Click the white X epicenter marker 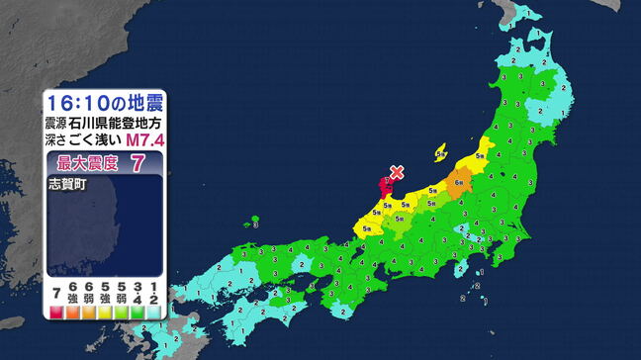397,172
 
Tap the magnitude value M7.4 146,140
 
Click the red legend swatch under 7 58,311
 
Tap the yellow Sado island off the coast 442,154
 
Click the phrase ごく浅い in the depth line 100,140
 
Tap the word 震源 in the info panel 57,125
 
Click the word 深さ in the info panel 57,140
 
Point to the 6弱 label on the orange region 461,182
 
